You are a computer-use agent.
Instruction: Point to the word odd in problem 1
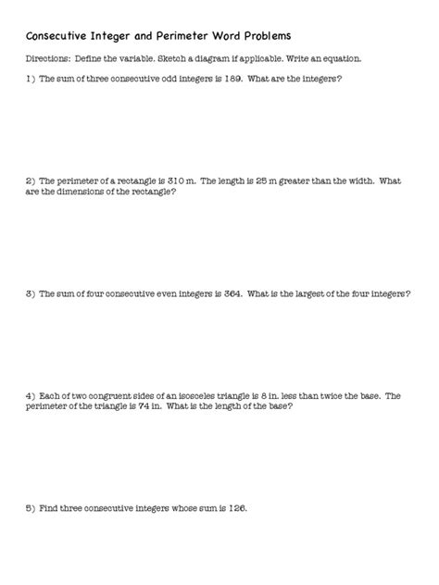tap(165, 79)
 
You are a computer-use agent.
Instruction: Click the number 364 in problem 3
tap(231, 293)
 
